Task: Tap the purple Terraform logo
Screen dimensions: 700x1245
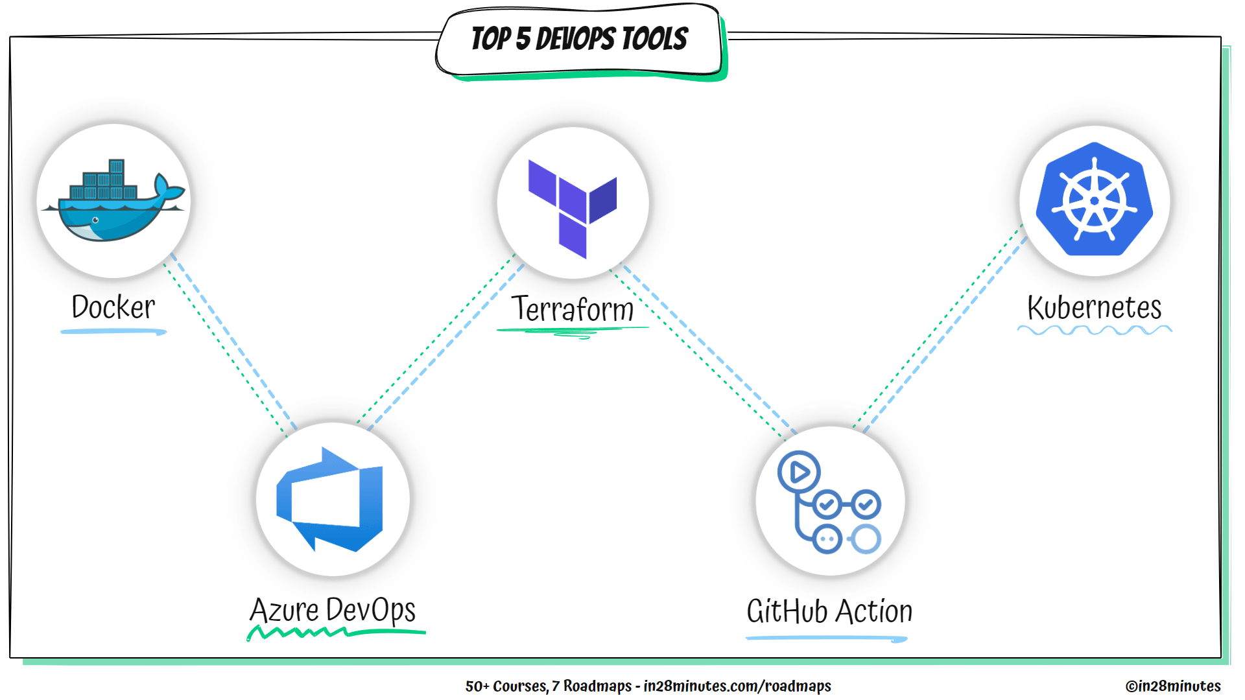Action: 572,206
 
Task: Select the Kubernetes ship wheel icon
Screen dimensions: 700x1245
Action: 1094,200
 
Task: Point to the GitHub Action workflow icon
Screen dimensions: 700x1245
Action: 829,502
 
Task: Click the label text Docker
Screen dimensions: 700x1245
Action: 113,307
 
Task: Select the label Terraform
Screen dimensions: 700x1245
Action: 572,309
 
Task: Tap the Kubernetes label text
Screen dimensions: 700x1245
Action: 1094,308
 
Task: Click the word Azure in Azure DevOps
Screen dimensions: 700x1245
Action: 284,611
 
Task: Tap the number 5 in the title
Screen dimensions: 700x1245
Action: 523,40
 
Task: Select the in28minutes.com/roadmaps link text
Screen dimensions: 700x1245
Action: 737,686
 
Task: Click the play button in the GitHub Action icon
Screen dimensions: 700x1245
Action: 799,472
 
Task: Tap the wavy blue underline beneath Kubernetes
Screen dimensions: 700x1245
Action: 1094,331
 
